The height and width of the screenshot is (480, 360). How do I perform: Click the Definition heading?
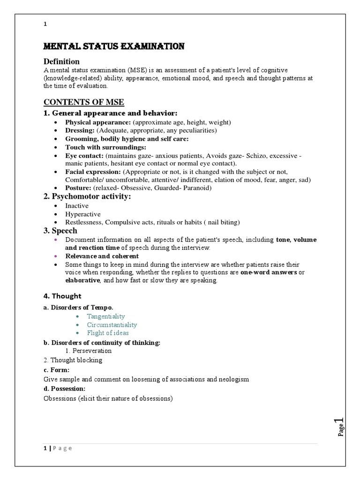point(61,61)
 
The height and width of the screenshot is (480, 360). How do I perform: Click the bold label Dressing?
point(80,131)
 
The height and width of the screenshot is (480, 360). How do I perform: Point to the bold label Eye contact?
point(84,155)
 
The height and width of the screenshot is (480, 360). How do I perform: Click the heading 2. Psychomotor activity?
point(87,196)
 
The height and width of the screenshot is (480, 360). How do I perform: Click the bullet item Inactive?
point(76,206)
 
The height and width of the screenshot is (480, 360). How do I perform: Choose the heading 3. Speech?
point(60,231)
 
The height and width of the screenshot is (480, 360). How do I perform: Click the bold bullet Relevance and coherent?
point(102,256)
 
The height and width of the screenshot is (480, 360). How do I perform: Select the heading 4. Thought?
point(62,296)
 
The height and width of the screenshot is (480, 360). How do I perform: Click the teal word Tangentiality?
point(106,316)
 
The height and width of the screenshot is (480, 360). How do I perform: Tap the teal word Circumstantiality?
point(112,324)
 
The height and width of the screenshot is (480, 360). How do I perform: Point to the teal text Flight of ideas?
point(107,333)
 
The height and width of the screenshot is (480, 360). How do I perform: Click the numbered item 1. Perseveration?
point(89,350)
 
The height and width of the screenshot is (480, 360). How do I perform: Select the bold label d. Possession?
point(65,389)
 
